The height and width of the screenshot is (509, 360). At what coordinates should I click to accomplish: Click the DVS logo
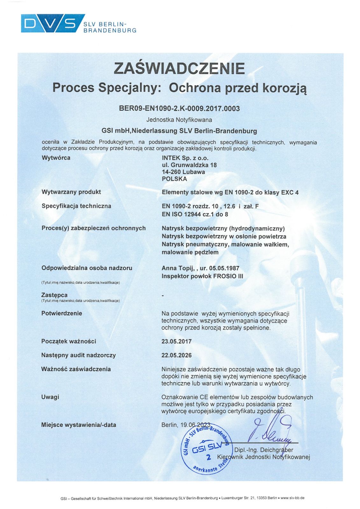coord(53,23)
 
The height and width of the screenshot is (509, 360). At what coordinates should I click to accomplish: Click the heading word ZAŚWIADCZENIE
coord(180,68)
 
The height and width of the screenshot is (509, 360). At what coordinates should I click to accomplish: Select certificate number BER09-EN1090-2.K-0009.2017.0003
coord(179,108)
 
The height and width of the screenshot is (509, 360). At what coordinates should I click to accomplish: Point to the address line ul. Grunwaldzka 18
coord(189,165)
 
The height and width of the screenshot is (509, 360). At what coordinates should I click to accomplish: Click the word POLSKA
coord(174,179)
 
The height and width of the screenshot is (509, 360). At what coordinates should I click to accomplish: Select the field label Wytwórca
coord(56,158)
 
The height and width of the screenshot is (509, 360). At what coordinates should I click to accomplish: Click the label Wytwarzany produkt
coord(71,192)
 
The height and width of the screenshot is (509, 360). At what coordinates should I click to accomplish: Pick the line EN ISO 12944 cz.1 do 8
coord(195,214)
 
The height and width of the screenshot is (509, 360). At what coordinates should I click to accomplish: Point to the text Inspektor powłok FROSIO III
coord(202,276)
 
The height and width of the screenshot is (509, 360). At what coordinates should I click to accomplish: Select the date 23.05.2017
coord(176,341)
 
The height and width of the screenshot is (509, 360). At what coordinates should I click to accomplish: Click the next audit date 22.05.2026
coord(176,355)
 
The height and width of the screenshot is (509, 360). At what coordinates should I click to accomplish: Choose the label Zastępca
coord(54,295)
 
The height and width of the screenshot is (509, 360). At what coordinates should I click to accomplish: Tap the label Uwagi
coord(50,397)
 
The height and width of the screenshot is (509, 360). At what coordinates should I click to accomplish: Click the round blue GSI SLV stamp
coord(206,449)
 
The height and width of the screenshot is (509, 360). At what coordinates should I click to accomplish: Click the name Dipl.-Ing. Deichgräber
coord(264,450)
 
